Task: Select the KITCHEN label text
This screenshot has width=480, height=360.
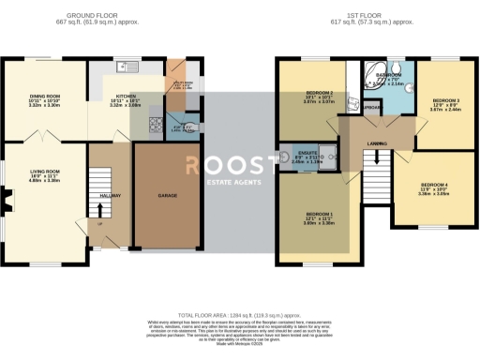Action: (125, 96)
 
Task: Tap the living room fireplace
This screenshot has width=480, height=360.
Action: (7, 198)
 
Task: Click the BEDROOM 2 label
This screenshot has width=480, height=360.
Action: (320, 93)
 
